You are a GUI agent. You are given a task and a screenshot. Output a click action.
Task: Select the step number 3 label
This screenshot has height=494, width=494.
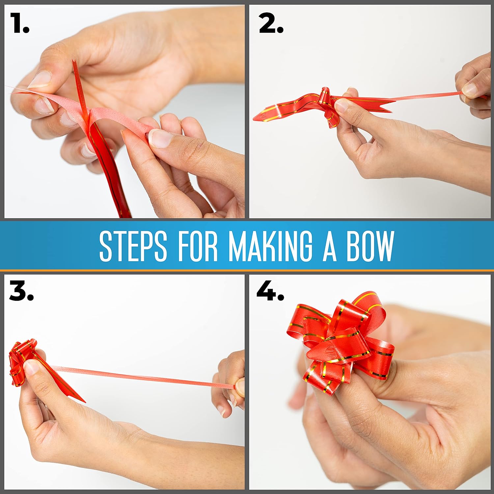click(21, 291)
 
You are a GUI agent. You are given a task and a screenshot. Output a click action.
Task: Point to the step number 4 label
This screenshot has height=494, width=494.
click(270, 291)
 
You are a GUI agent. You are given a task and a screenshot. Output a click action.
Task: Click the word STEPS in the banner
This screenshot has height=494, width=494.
click(133, 246)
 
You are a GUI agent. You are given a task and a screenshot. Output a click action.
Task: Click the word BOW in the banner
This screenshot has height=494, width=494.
click(370, 246)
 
